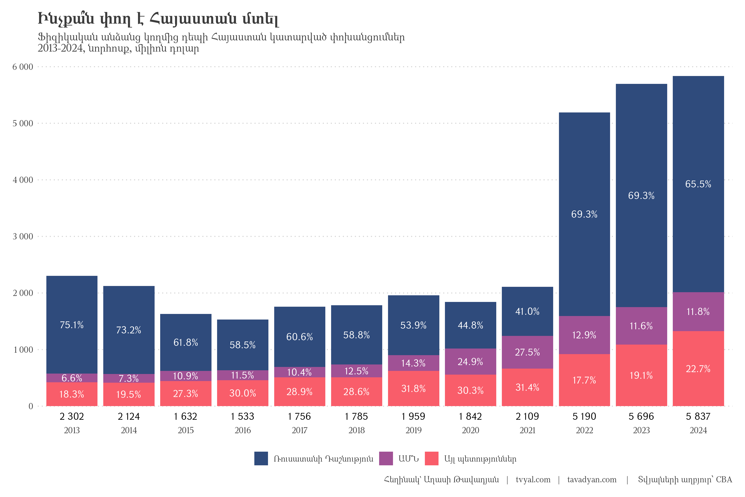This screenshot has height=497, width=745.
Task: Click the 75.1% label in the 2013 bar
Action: (x=72, y=325)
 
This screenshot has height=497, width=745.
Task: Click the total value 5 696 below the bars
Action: (x=641, y=416)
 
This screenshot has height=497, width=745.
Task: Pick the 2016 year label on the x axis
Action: (x=243, y=431)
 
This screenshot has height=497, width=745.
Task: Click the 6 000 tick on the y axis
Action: (x=23, y=67)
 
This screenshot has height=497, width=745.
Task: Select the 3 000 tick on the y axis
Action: (x=23, y=236)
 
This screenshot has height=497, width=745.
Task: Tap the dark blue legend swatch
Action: (x=261, y=459)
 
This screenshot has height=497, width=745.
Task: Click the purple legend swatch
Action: (x=386, y=459)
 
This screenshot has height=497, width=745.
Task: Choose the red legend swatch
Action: (x=431, y=459)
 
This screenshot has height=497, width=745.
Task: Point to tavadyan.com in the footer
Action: (x=592, y=480)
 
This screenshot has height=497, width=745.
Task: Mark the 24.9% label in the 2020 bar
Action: (x=470, y=362)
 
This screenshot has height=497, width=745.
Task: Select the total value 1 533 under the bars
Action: (x=243, y=416)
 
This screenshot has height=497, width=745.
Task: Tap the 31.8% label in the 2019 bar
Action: (x=413, y=389)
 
